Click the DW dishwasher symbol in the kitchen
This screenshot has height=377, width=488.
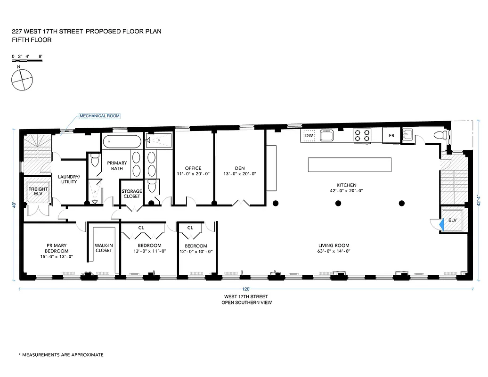click(x=309, y=136)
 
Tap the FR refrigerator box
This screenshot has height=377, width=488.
click(x=391, y=136)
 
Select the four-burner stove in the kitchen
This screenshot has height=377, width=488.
click(x=363, y=136)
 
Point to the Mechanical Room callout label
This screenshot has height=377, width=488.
click(x=99, y=115)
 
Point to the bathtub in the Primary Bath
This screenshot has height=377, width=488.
click(x=122, y=142)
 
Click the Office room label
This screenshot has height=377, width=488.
click(x=193, y=168)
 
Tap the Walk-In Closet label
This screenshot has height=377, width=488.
click(x=104, y=248)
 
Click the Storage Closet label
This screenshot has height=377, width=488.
click(x=131, y=194)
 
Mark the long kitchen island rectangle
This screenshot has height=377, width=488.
click(x=350, y=164)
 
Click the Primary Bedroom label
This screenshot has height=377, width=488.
click(x=57, y=248)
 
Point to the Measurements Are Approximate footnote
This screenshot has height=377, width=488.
click(x=61, y=354)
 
